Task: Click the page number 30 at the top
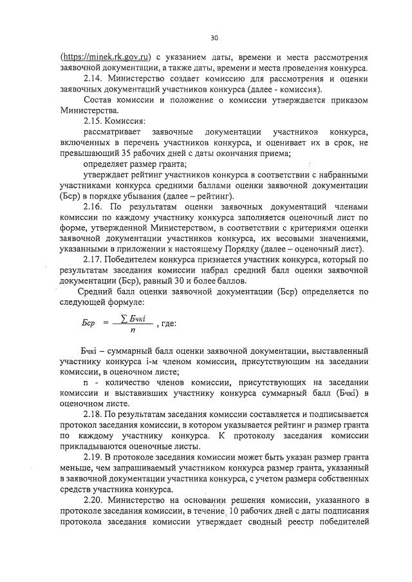(x=214, y=38)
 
